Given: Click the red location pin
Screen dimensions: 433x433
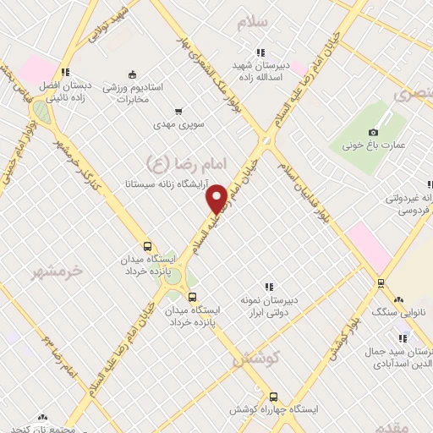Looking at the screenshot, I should pos(217,198).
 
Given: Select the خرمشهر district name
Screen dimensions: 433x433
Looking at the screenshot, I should pos(60,271).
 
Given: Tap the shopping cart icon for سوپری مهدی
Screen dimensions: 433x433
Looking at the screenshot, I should pos(178,111).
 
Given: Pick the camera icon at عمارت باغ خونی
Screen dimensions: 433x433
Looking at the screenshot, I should pos(373,132).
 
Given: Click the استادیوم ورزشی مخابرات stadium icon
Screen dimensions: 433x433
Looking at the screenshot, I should pos(131,74).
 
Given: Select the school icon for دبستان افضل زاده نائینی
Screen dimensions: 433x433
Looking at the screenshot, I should pos(65,71).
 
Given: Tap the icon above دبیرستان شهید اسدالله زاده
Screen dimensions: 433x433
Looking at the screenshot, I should pos(261,51).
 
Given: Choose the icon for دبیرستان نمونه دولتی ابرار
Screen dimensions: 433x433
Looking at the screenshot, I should pos(269,288).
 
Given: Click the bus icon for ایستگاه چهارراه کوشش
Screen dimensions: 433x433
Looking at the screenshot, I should pos(272,396).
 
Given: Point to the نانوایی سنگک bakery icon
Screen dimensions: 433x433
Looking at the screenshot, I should pos(398,299).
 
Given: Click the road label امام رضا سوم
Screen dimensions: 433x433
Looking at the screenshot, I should pos(59,354).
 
